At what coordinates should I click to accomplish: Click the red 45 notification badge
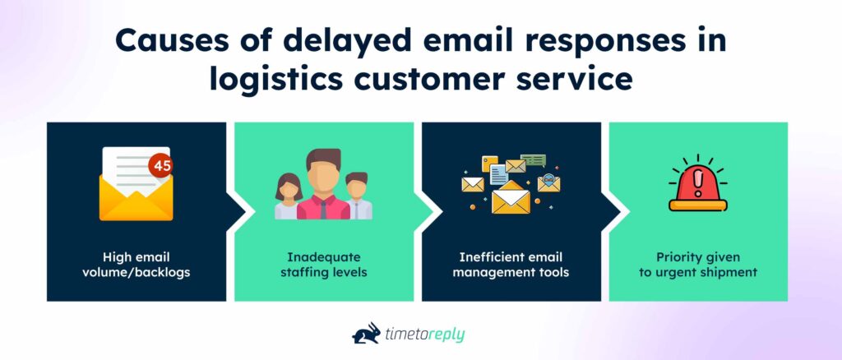tap(162, 165)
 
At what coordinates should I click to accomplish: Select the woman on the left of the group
tap(289, 196)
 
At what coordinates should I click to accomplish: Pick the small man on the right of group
tap(357, 196)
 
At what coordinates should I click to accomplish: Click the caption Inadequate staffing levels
tap(323, 265)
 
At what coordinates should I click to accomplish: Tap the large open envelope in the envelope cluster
tap(511, 199)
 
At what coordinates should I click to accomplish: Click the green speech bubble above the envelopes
tap(533, 159)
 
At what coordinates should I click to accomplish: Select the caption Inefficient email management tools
tap(511, 265)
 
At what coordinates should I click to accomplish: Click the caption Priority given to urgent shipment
tap(697, 265)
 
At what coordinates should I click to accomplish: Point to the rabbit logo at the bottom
tap(366, 333)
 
